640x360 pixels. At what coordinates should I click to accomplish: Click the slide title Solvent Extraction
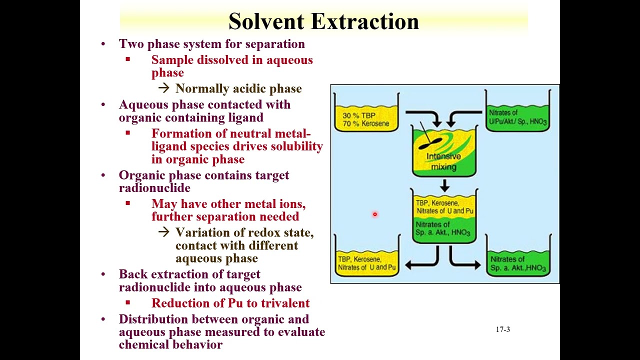(x=323, y=21)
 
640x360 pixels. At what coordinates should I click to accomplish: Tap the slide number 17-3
(x=502, y=329)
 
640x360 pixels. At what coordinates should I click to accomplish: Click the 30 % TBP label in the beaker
(x=358, y=115)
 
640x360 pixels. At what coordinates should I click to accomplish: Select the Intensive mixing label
(x=443, y=161)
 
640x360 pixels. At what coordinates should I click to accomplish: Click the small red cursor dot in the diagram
(x=374, y=214)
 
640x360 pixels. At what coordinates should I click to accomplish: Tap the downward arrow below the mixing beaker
(x=444, y=186)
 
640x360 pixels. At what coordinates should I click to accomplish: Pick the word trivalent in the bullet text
(x=285, y=303)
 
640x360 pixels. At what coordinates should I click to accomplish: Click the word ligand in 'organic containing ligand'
(x=246, y=117)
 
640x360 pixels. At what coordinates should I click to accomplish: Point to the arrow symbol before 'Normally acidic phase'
(x=163, y=88)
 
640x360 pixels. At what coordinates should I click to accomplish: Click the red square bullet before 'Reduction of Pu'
(x=128, y=302)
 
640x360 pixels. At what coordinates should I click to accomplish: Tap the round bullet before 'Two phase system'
(x=103, y=44)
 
